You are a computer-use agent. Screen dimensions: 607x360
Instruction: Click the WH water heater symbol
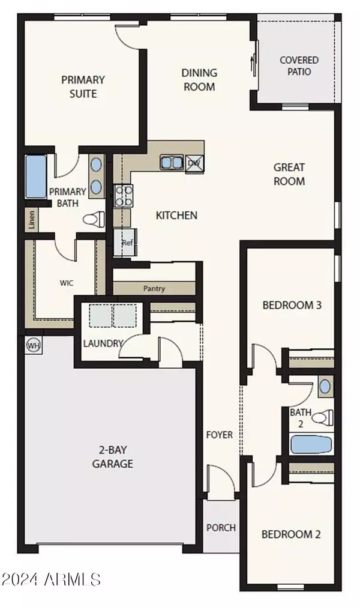pyautogui.click(x=32, y=345)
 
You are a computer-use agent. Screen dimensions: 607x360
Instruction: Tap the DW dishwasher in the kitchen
pyautogui.click(x=194, y=163)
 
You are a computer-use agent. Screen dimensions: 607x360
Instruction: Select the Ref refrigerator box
pyautogui.click(x=126, y=243)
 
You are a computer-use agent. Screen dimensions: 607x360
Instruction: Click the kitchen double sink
pyautogui.click(x=172, y=162)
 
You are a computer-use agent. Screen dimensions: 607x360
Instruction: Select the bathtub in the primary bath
pyautogui.click(x=36, y=177)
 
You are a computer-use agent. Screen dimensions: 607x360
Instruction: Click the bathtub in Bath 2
pyautogui.click(x=311, y=445)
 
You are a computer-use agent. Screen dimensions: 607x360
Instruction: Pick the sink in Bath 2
pyautogui.click(x=325, y=387)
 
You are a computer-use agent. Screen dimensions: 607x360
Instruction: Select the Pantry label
pyautogui.click(x=154, y=288)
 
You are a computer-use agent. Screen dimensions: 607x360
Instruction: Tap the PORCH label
pyautogui.click(x=221, y=528)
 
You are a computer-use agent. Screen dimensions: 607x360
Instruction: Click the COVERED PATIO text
pyautogui.click(x=299, y=65)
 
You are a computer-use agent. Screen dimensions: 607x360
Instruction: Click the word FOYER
pyautogui.click(x=220, y=435)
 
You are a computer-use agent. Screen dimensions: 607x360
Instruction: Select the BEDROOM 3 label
pyautogui.click(x=292, y=305)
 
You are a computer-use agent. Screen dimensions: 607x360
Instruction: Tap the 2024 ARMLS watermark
pyautogui.click(x=51, y=579)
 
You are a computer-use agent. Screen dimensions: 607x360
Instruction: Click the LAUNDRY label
pyautogui.click(x=103, y=343)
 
